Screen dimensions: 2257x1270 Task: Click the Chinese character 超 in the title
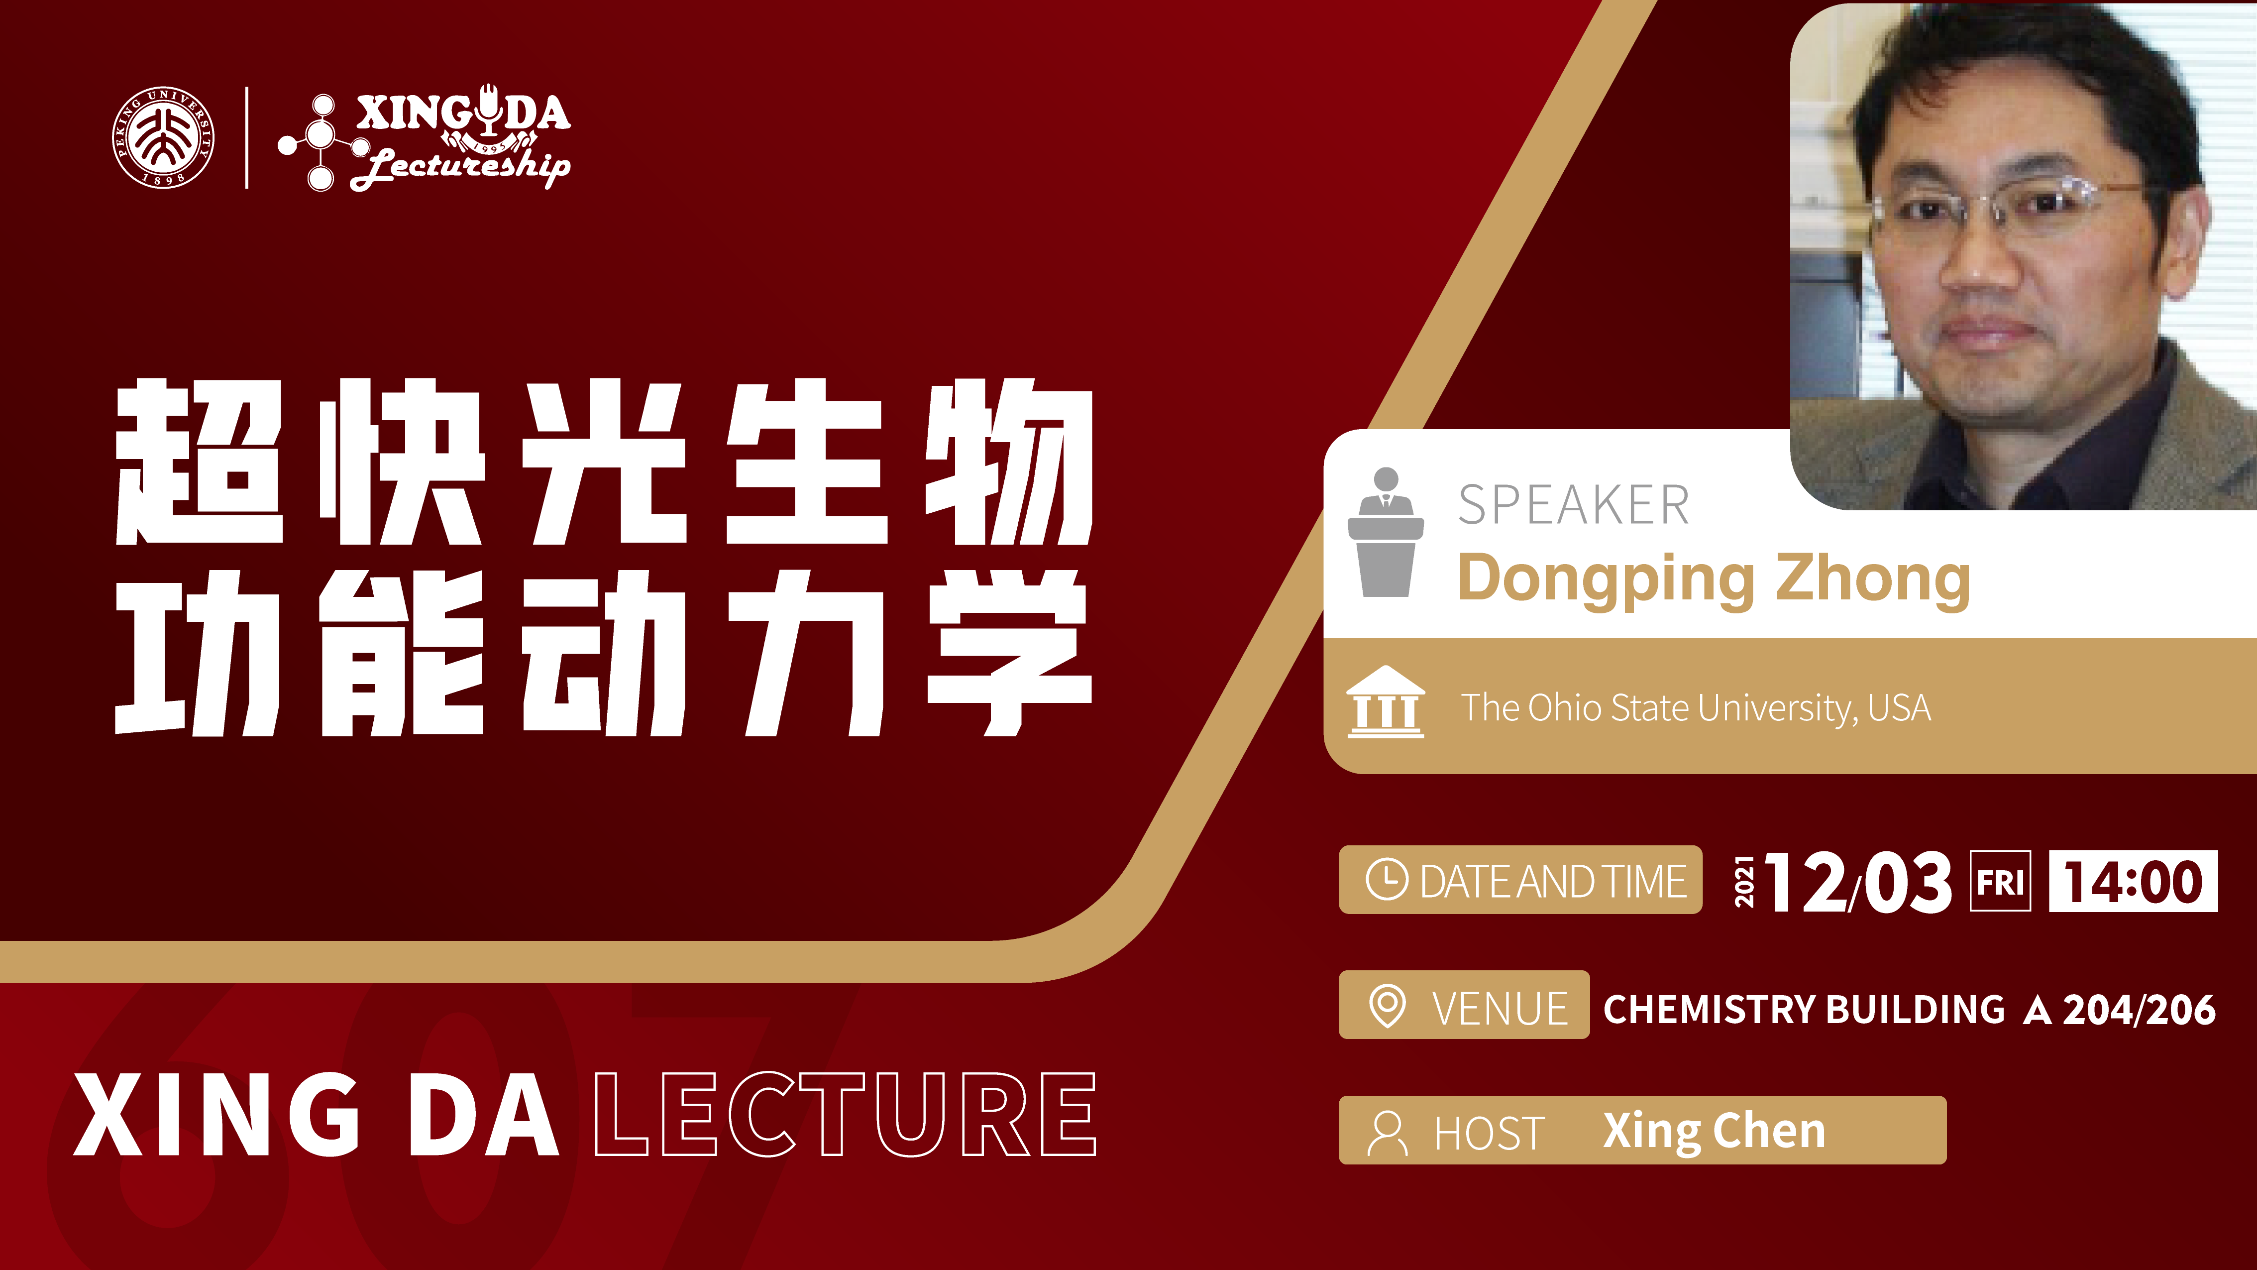(200, 462)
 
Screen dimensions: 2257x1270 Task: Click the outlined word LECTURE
(846, 1114)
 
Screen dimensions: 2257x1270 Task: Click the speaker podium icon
(1385, 532)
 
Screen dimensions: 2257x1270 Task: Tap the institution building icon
(1385, 702)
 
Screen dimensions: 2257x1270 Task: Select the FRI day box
(2000, 881)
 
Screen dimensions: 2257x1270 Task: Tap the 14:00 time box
(2134, 881)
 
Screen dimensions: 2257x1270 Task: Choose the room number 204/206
(2139, 1010)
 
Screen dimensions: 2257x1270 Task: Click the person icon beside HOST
(1387, 1133)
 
